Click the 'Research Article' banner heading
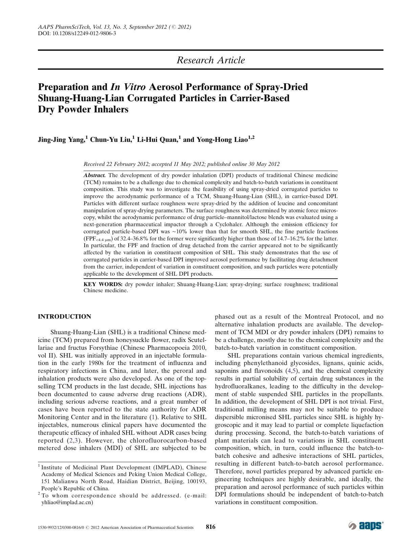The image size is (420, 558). (211, 60)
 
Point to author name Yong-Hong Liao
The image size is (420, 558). (217, 140)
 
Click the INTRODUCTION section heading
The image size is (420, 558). (64, 317)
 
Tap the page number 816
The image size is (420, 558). (211, 527)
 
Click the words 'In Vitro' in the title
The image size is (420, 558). (128, 87)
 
